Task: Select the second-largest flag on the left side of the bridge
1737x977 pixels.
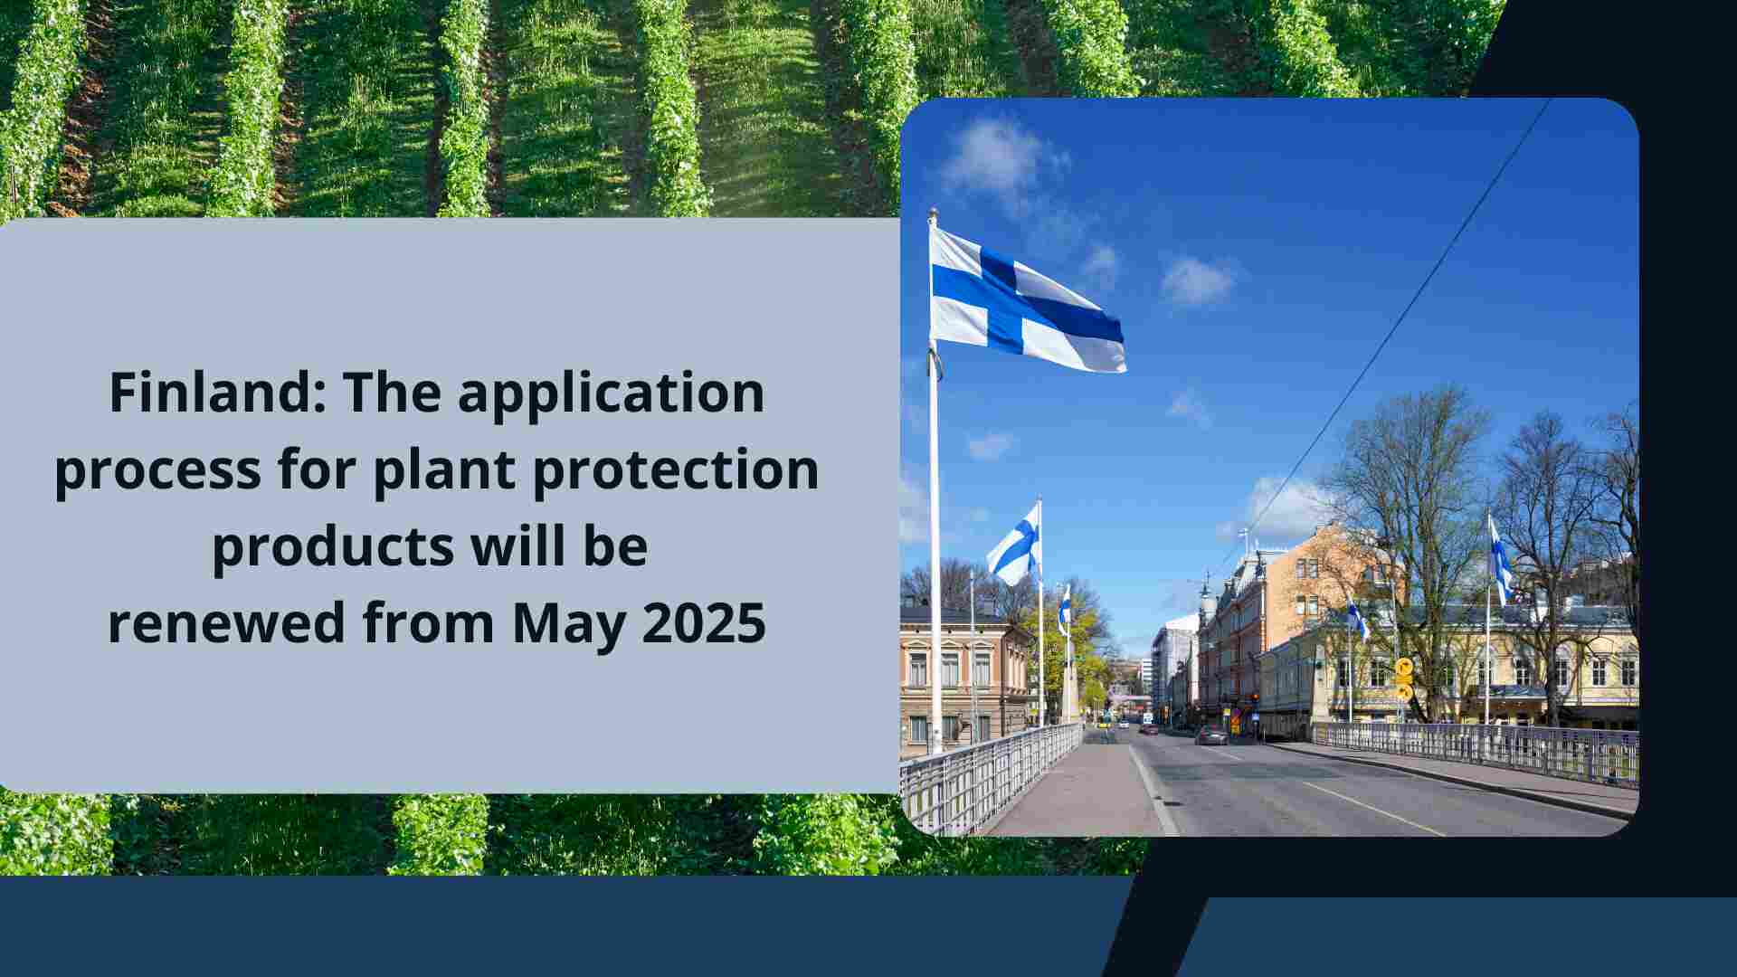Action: click(x=1016, y=545)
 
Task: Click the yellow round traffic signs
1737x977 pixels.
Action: click(x=1403, y=678)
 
